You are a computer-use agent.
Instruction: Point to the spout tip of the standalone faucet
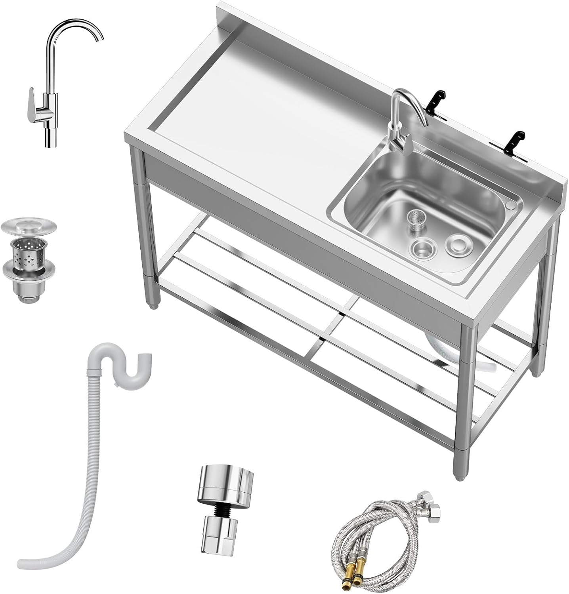coord(101,38)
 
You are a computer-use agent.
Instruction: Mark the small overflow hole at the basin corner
coord(511,206)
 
